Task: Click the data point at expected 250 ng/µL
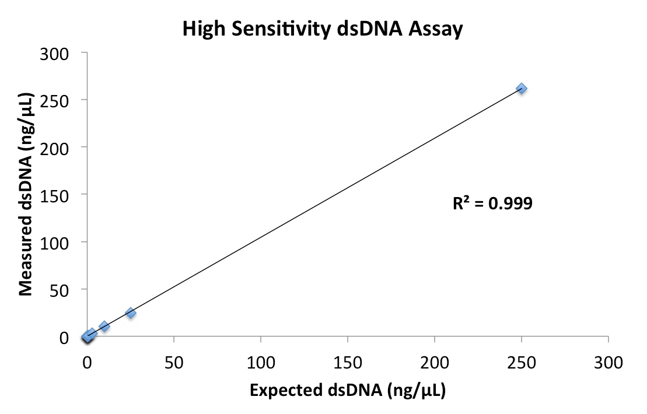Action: point(522,89)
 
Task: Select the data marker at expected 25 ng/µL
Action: point(131,313)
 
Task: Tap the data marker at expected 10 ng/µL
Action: point(104,327)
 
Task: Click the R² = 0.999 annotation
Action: point(492,204)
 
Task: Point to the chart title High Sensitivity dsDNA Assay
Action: point(322,29)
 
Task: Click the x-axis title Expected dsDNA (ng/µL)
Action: point(348,391)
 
